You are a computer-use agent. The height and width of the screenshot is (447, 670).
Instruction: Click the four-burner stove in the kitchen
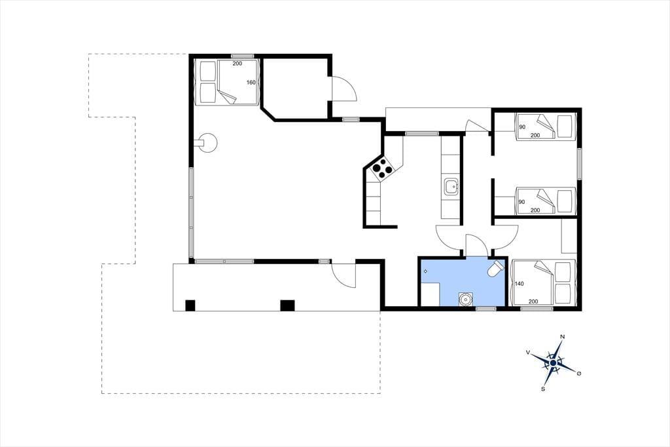pos(382,168)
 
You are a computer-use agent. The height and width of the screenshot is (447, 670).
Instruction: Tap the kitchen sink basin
pos(451,187)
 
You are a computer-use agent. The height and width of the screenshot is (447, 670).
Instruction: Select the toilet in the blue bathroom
pos(496,268)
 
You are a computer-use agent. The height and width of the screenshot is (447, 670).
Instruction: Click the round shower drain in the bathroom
pos(465,299)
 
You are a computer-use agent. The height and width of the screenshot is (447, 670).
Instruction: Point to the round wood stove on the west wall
pos(208,143)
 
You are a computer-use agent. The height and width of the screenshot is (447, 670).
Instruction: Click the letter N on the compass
pos(563,337)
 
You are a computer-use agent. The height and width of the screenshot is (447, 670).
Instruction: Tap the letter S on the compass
pos(543,389)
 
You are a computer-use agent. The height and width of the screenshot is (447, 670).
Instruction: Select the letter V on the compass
pos(528,353)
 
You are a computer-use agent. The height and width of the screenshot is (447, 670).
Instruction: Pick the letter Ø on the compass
pos(579,374)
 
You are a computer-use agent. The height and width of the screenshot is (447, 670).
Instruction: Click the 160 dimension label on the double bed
pos(251,82)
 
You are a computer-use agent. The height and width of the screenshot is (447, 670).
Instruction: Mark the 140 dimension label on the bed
pos(520,283)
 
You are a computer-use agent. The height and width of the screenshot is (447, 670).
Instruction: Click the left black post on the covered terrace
pos(190,305)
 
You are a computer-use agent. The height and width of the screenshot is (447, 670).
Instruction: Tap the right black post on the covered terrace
pos(287,305)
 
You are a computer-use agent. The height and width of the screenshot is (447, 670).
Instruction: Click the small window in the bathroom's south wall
pos(486,308)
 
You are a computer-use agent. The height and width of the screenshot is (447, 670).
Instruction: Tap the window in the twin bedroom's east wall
pos(580,164)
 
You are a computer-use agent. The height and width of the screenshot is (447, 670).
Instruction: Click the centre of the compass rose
pos(554,363)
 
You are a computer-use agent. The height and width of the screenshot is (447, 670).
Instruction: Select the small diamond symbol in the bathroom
pos(425,271)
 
